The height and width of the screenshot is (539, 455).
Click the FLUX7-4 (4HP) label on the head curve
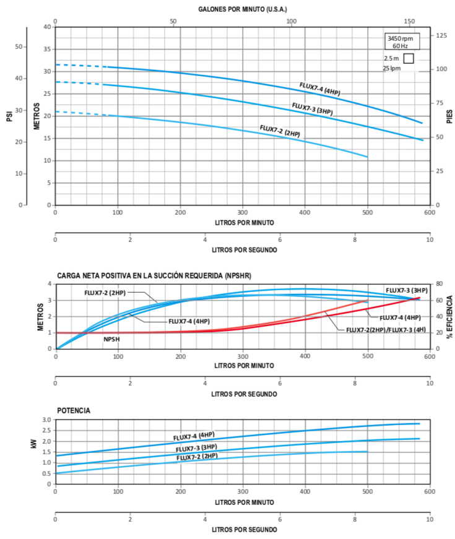(x=319, y=88)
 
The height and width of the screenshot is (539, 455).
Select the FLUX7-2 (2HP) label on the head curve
(x=280, y=131)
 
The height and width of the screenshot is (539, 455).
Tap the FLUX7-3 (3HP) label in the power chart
(x=196, y=448)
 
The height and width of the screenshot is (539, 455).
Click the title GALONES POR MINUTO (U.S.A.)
(x=243, y=10)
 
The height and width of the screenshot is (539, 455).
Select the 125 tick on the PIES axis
(x=441, y=36)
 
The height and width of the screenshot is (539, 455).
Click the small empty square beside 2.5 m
(x=409, y=59)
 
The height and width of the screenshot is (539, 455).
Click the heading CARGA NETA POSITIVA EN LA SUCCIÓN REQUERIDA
(x=154, y=275)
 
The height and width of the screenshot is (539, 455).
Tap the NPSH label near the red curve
(x=111, y=340)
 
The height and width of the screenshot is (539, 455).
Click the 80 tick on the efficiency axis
(x=439, y=284)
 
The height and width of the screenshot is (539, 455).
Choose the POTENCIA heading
(x=74, y=410)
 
